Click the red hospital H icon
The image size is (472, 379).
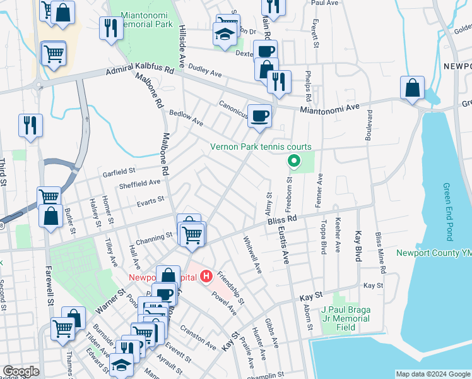206,276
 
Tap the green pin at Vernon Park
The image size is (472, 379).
293,161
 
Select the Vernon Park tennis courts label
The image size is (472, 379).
261,147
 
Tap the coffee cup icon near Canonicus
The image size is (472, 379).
259,116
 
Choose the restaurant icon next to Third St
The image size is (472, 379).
30,125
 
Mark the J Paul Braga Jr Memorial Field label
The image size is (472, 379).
345,318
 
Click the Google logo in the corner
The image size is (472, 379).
21,371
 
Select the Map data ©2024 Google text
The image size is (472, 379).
432,374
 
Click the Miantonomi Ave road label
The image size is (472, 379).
329,109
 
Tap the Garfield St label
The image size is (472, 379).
119,171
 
